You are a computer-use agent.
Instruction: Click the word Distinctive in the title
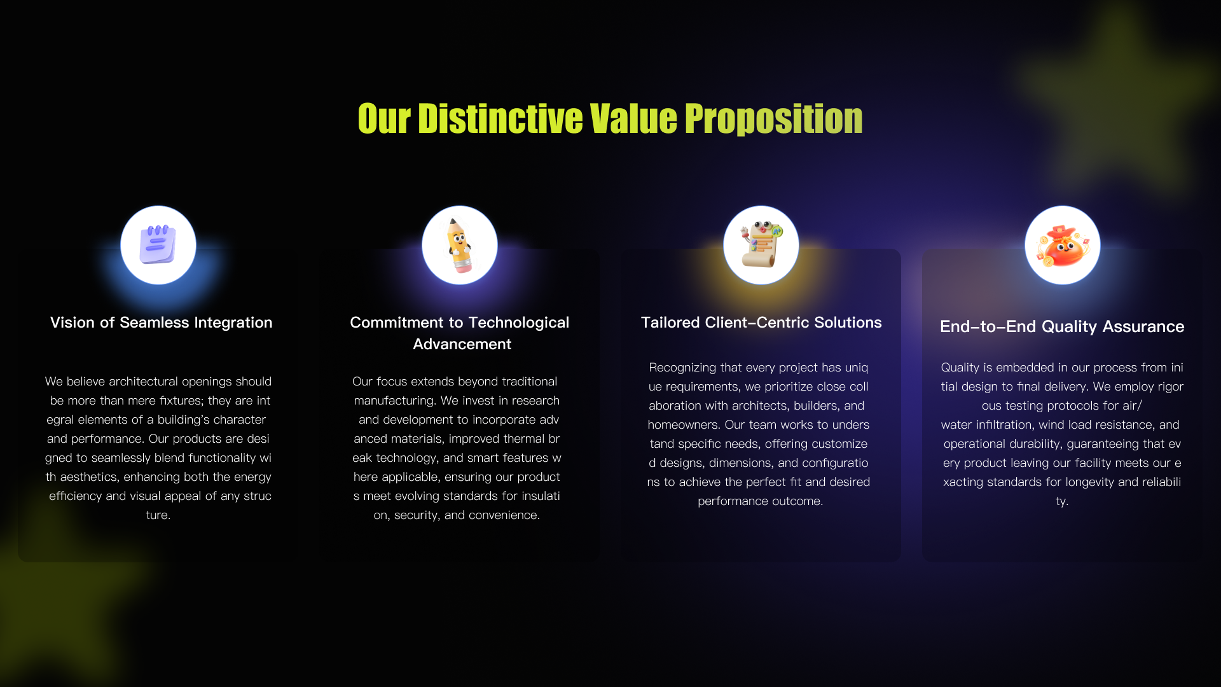500,119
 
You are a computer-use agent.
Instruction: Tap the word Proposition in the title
773,119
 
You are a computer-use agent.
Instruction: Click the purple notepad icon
158,245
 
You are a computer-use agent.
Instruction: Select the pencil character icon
459,246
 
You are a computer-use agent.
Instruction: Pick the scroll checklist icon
761,245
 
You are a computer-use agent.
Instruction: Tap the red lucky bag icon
1062,246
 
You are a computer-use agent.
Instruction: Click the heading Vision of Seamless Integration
162,323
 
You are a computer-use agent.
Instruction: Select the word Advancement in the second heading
462,344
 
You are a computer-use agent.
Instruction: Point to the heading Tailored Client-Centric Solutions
761,323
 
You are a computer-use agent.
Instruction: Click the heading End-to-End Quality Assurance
1062,326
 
